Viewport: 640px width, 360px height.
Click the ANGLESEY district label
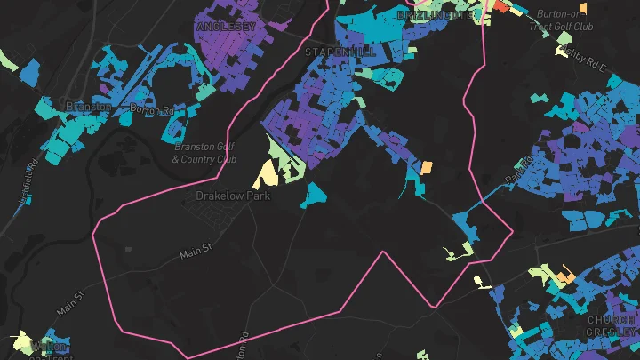[226, 28]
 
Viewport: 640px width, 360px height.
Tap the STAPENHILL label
[340, 52]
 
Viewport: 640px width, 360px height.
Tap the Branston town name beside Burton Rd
[89, 107]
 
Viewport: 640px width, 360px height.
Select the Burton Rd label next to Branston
[151, 110]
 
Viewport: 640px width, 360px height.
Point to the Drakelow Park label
[233, 196]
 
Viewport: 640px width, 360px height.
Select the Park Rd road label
[517, 172]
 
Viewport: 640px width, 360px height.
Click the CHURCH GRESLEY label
[612, 325]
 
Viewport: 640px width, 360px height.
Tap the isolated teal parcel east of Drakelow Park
[313, 195]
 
